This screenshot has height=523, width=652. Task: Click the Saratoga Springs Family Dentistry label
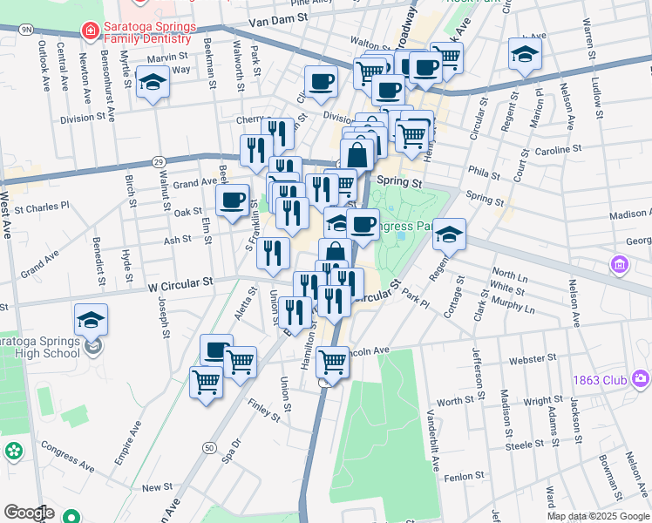pos(146,32)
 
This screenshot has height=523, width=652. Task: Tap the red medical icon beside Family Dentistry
pos(89,31)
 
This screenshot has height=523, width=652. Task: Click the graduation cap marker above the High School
pos(91,320)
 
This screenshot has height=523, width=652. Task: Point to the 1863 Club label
pos(601,379)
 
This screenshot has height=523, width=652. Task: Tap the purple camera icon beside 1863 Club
pos(642,378)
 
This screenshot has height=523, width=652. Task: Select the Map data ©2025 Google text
pos(599,516)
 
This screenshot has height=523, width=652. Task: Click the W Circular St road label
pos(180,283)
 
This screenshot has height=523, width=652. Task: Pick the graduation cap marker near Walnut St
pos(153,82)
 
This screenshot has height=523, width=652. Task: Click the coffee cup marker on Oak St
pos(233,200)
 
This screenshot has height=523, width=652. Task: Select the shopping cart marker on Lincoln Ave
pos(332,360)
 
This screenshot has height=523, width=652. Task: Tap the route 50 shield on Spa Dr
pos(208,447)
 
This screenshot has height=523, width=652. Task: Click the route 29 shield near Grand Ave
pos(158,162)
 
